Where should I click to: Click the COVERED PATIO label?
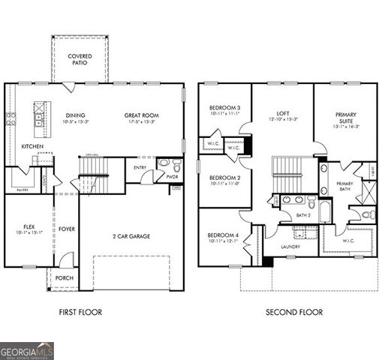[x=80, y=60]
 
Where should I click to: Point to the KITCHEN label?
[x=32, y=146]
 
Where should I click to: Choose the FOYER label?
[x=68, y=229]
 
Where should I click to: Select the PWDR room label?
[x=171, y=177]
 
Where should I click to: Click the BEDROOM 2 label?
[x=224, y=178]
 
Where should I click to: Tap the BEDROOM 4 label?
[x=224, y=235]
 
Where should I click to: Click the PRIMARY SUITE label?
[x=346, y=118]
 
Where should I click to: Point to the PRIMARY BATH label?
[x=345, y=187]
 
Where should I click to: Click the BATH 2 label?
[x=303, y=216]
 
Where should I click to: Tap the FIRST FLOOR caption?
[x=80, y=312]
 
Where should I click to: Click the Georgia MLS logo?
[x=27, y=350]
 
